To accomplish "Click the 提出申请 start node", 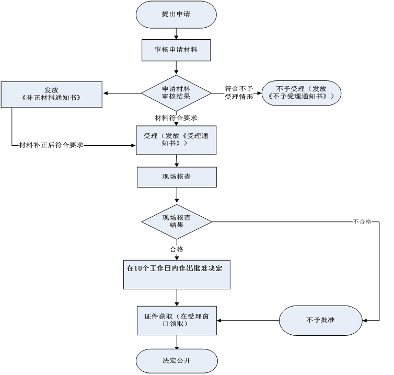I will click(x=176, y=15).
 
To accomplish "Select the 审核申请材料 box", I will click(x=176, y=51).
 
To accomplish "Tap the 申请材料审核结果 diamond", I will click(x=176, y=93).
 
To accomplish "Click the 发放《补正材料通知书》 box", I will click(x=51, y=94).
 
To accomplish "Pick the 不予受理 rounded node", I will click(x=302, y=93).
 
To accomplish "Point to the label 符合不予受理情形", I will click(x=239, y=93).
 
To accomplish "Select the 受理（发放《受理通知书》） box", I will click(x=176, y=140).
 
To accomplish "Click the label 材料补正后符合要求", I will click(x=51, y=145).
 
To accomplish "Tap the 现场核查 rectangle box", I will click(x=176, y=177).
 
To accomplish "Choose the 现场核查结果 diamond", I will click(x=176, y=221).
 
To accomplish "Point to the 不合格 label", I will click(x=362, y=221).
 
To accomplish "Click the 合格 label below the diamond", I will click(x=176, y=249).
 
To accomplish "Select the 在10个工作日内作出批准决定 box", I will click(x=176, y=273).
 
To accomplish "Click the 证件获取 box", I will click(x=176, y=320).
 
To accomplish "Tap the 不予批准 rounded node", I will click(x=320, y=320).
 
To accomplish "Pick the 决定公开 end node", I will click(x=176, y=361).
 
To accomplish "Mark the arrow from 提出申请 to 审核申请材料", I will click(x=176, y=33).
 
